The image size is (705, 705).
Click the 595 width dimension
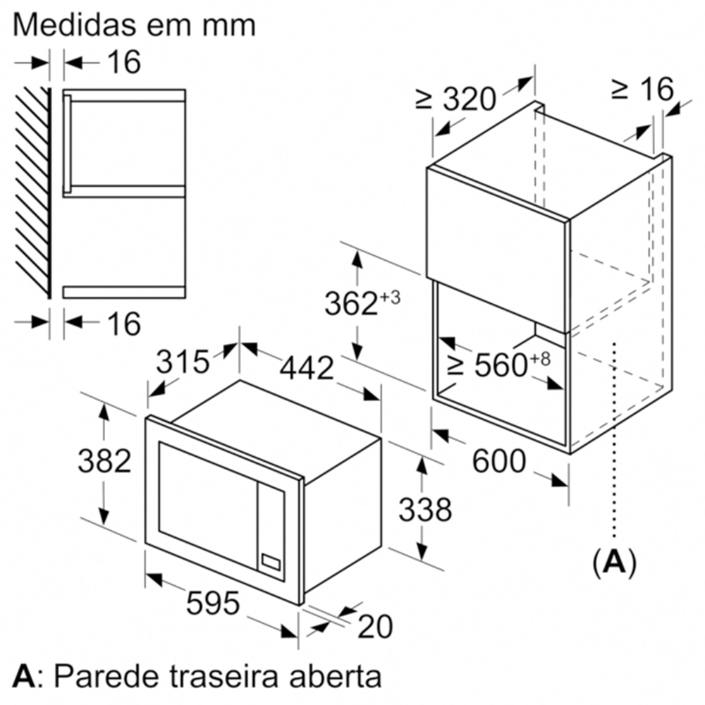coord(213,603)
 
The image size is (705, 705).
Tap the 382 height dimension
coord(104,461)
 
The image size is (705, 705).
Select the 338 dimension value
coord(425,510)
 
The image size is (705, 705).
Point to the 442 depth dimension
coord(307,369)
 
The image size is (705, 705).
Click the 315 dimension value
coord(183,362)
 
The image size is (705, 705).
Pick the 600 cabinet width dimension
coord(499,461)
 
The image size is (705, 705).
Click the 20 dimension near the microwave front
coord(375,626)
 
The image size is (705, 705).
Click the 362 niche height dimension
coord(362,303)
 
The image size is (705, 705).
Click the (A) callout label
coord(614,561)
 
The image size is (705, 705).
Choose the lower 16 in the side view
coord(124,324)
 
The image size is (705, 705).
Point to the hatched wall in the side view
coord(32,192)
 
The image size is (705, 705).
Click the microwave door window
coord(207,493)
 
